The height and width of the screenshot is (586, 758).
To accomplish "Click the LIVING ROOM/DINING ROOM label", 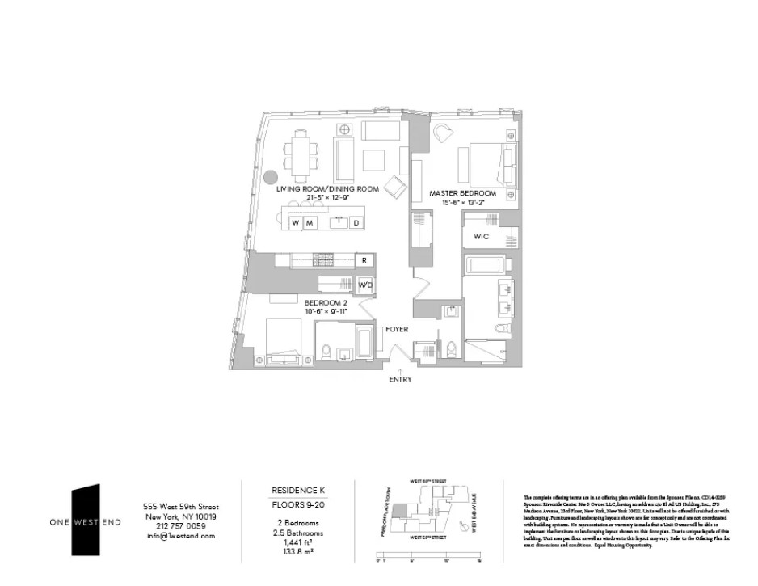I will [327, 188].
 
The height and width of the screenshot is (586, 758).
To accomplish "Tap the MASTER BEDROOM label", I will [462, 193].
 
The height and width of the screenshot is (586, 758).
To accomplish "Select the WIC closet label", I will [482, 237].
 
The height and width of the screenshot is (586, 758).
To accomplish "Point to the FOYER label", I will [397, 330].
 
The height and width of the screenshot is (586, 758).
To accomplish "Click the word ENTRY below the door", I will [400, 379].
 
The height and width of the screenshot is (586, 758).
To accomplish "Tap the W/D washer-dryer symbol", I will [365, 285].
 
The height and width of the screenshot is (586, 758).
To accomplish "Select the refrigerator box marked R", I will [365, 260].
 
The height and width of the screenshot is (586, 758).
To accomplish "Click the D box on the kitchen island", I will [356, 222].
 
